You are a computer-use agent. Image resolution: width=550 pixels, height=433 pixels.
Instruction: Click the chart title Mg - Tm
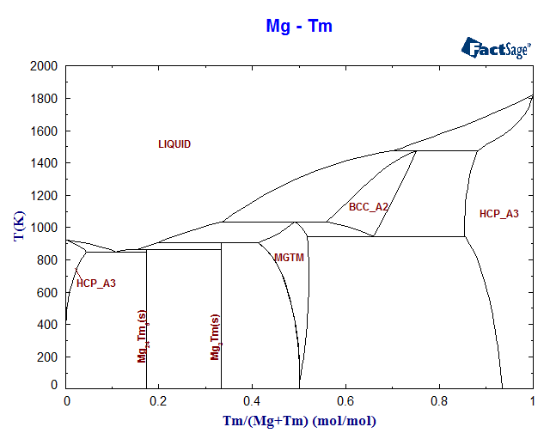(x=298, y=27)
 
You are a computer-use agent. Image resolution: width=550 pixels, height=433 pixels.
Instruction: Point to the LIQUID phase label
(x=174, y=144)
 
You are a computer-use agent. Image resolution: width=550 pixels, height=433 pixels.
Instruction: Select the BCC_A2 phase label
(x=369, y=207)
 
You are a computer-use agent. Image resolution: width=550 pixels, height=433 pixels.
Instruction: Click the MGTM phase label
(x=289, y=258)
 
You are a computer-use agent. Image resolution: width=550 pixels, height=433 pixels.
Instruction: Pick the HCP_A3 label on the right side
(x=498, y=214)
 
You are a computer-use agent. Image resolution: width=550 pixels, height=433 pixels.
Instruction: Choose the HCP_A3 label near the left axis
(x=96, y=284)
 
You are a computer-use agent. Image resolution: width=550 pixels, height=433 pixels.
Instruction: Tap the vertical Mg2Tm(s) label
(x=216, y=337)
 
